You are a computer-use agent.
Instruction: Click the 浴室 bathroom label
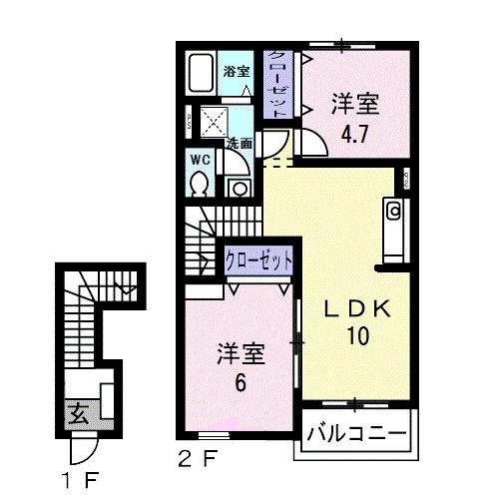(236, 72)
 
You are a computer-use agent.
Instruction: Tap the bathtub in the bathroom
(202, 74)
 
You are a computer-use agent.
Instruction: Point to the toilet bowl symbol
(200, 183)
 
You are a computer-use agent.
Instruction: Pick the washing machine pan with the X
(215, 122)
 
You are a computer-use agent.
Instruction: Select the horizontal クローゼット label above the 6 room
(258, 258)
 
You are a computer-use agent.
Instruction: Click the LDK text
(356, 308)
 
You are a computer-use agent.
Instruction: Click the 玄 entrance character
(77, 412)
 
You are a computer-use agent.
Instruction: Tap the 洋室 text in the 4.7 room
(356, 103)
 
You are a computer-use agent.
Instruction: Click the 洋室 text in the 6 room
(241, 353)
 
